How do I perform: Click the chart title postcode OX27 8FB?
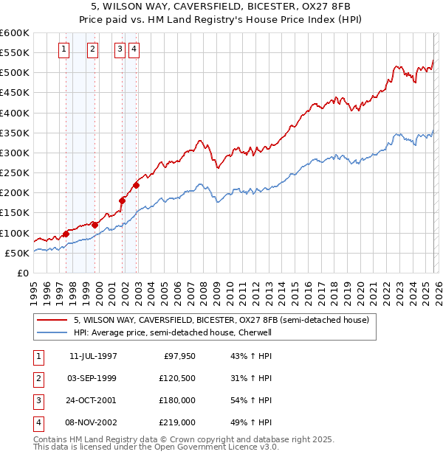(x=318, y=6)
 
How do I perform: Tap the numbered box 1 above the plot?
(x=64, y=49)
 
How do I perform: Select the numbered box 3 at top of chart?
(x=120, y=49)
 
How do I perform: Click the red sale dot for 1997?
(x=66, y=234)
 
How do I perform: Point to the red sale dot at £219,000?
(x=136, y=185)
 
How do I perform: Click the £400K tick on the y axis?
(x=15, y=113)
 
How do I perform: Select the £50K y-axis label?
(x=17, y=253)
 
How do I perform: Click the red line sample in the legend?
(x=52, y=320)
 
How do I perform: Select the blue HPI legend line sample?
(x=52, y=332)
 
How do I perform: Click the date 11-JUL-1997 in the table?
(x=93, y=356)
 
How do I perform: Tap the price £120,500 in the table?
(x=177, y=378)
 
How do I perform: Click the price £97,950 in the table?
(x=179, y=356)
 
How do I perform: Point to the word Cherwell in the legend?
(x=255, y=332)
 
